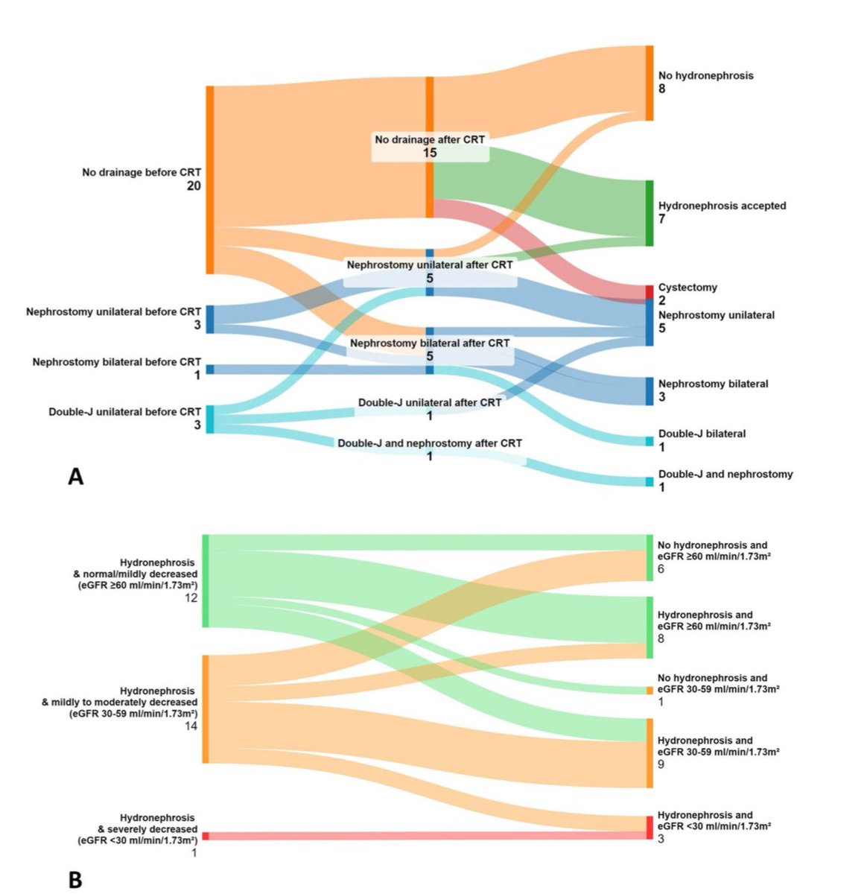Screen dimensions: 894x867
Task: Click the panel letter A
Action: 75,476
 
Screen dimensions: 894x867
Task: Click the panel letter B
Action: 75,880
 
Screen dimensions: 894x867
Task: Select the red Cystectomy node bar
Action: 650,291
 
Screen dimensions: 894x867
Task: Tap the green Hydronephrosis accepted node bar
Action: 650,212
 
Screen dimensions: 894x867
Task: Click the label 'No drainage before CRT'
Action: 142,172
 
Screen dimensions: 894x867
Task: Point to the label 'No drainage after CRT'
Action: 430,139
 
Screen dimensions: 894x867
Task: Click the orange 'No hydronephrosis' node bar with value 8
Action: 650,83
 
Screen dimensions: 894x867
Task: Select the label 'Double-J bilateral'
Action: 702,434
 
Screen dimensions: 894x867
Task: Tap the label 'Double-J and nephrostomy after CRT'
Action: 430,443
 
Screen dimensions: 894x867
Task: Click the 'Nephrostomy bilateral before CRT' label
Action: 116,362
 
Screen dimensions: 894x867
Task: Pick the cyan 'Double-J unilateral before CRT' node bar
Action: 209,419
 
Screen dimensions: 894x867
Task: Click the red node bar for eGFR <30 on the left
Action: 206,836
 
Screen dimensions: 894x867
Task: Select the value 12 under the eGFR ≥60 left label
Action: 191,597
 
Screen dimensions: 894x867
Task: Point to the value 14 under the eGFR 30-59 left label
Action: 191,726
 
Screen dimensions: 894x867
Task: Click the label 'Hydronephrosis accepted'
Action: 722,206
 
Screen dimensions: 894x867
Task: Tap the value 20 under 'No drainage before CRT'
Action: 194,186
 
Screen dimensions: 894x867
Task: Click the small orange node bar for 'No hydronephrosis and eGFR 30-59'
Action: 650,691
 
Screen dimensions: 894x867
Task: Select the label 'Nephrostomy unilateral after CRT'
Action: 430,265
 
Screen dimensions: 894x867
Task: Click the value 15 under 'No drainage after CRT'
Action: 430,153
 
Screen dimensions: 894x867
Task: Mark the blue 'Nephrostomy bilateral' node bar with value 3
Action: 650,391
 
